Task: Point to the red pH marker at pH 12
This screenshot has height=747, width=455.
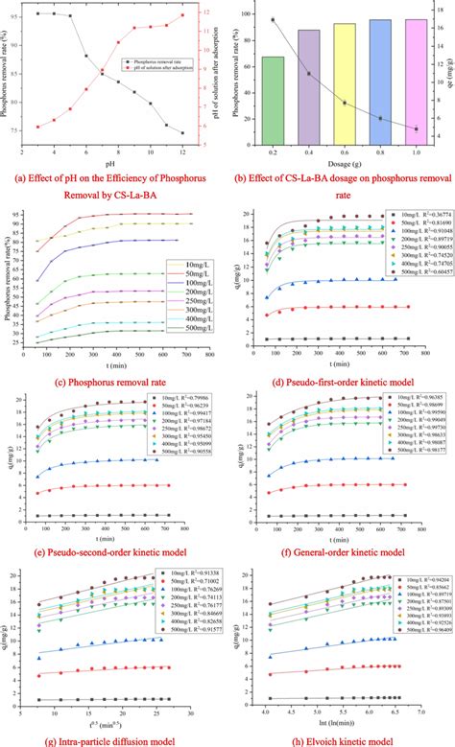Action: tap(182, 15)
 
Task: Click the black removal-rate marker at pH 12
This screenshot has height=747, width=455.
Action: tap(182, 133)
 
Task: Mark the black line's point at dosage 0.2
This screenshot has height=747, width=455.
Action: tap(273, 19)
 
